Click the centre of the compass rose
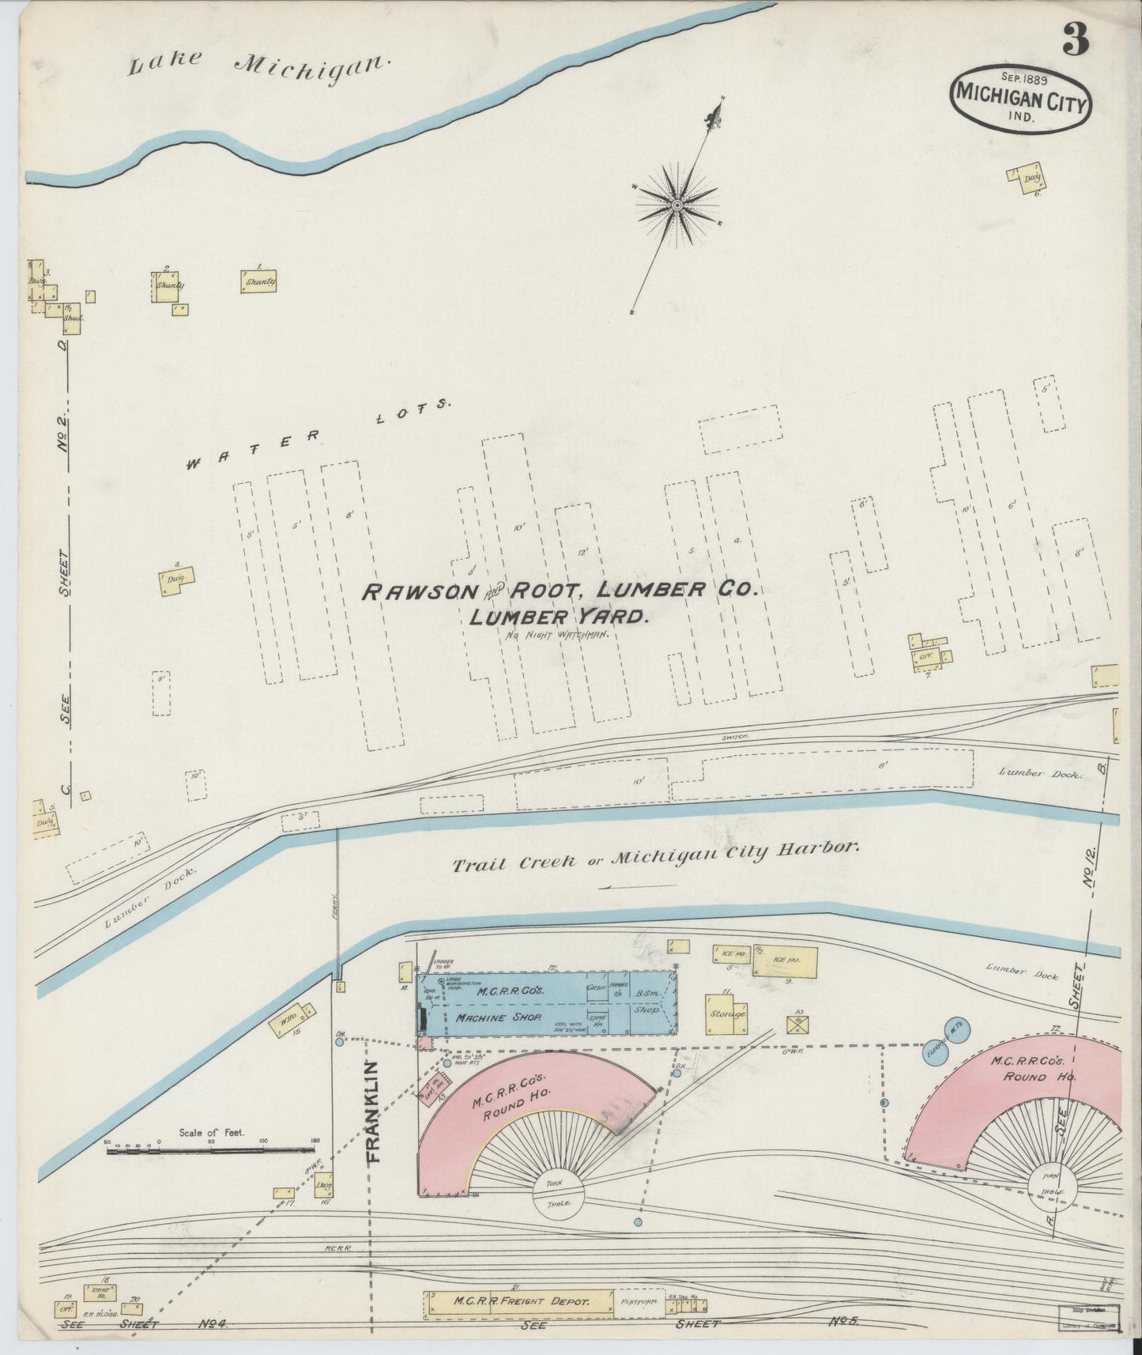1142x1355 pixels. tap(677, 206)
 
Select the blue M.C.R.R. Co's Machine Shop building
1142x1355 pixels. tap(545, 1003)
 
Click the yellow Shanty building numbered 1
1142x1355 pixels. tap(259, 282)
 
